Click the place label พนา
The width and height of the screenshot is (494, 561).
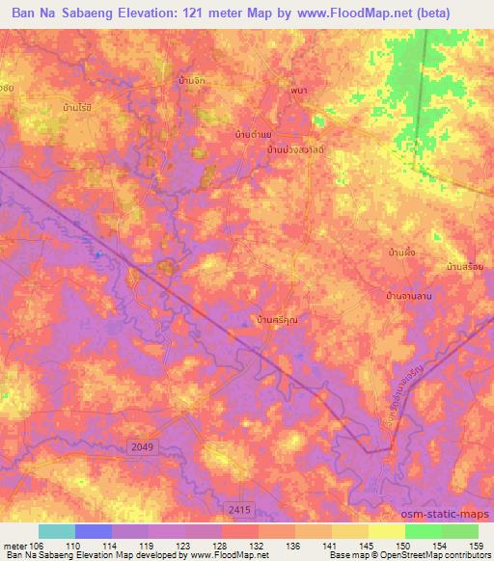[298, 91]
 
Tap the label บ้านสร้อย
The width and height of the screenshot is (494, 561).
[464, 266]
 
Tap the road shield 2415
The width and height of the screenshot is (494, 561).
[241, 506]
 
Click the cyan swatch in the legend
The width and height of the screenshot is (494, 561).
[57, 531]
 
